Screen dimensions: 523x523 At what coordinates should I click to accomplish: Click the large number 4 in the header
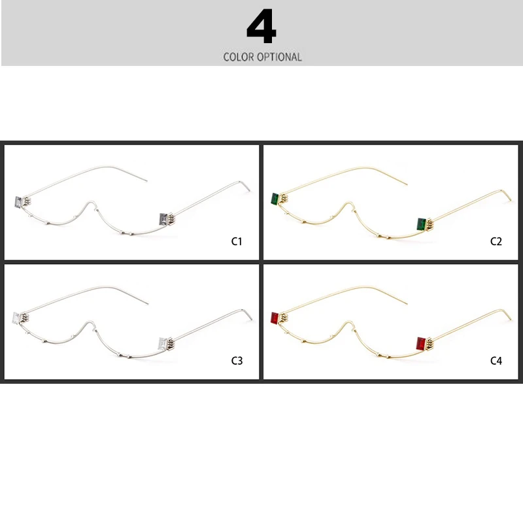coord(261,28)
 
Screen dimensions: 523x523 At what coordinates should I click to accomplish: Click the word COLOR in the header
coord(239,57)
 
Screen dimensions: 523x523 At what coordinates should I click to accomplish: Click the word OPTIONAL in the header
coord(279,57)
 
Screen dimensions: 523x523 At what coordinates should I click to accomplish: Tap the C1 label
coord(237,241)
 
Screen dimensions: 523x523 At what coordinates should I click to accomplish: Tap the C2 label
coord(496,241)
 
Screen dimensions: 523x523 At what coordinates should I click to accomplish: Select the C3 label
coord(237,360)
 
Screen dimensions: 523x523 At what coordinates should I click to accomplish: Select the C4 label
coord(496,360)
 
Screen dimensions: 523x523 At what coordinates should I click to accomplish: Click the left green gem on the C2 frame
coord(275,199)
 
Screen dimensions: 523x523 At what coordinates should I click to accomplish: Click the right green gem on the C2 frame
coord(422,224)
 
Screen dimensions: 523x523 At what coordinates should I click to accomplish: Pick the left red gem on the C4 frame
coord(275,318)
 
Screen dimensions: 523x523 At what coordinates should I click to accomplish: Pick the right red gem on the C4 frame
coord(422,343)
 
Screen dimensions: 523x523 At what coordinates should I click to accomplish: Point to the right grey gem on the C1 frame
coord(163,218)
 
